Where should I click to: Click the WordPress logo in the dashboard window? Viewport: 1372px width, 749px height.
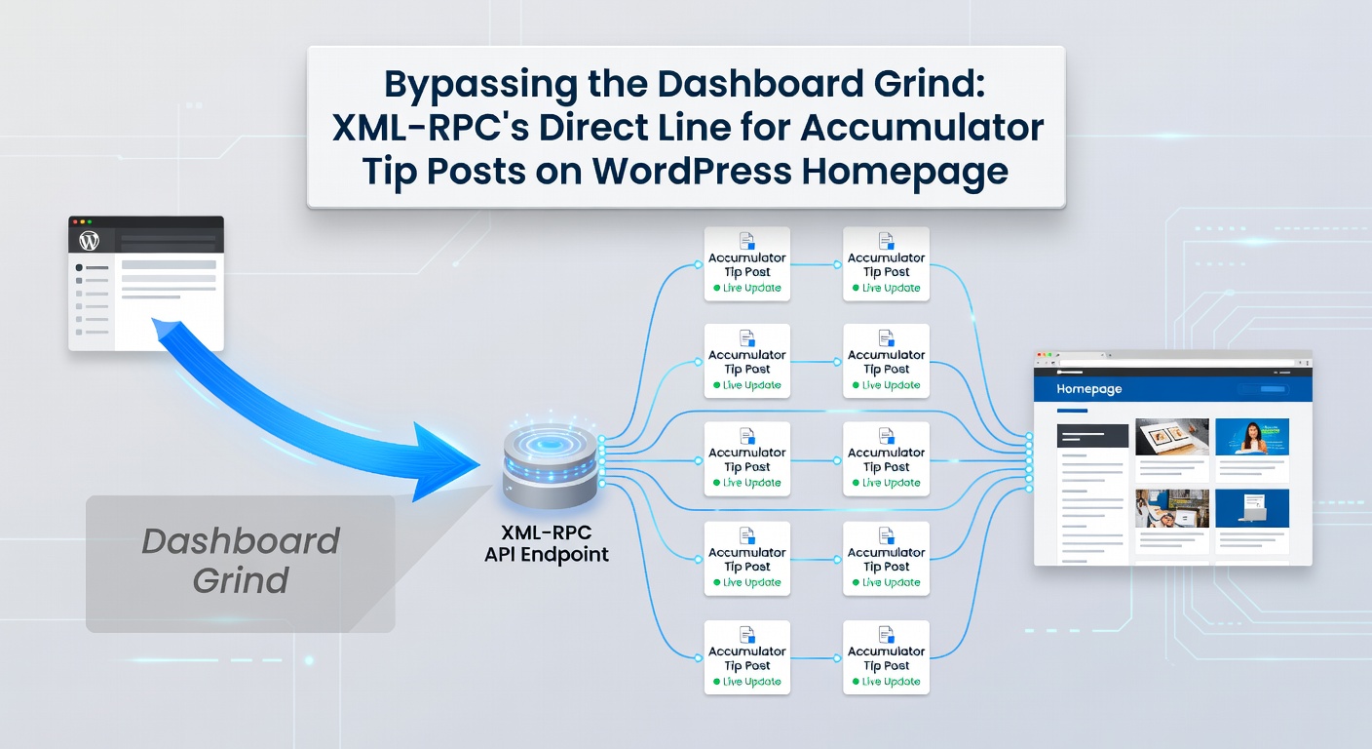point(90,240)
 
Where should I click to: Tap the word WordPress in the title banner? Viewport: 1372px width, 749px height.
point(693,171)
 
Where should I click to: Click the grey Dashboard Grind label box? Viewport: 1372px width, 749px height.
point(240,562)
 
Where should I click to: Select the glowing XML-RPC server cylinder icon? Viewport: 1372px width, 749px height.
point(550,465)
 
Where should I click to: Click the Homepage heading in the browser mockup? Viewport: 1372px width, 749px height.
point(1089,389)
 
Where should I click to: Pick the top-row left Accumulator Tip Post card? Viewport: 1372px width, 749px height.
point(747,264)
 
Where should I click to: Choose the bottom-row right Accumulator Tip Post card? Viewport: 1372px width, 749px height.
point(886,657)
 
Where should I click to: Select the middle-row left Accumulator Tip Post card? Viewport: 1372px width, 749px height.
point(747,459)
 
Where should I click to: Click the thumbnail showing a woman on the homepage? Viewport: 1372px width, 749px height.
point(1251,438)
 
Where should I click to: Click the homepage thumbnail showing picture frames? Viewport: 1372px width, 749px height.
point(1172,438)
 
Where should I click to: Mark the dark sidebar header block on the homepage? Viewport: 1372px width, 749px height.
point(1092,436)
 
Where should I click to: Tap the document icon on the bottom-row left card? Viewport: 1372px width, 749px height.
point(747,634)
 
